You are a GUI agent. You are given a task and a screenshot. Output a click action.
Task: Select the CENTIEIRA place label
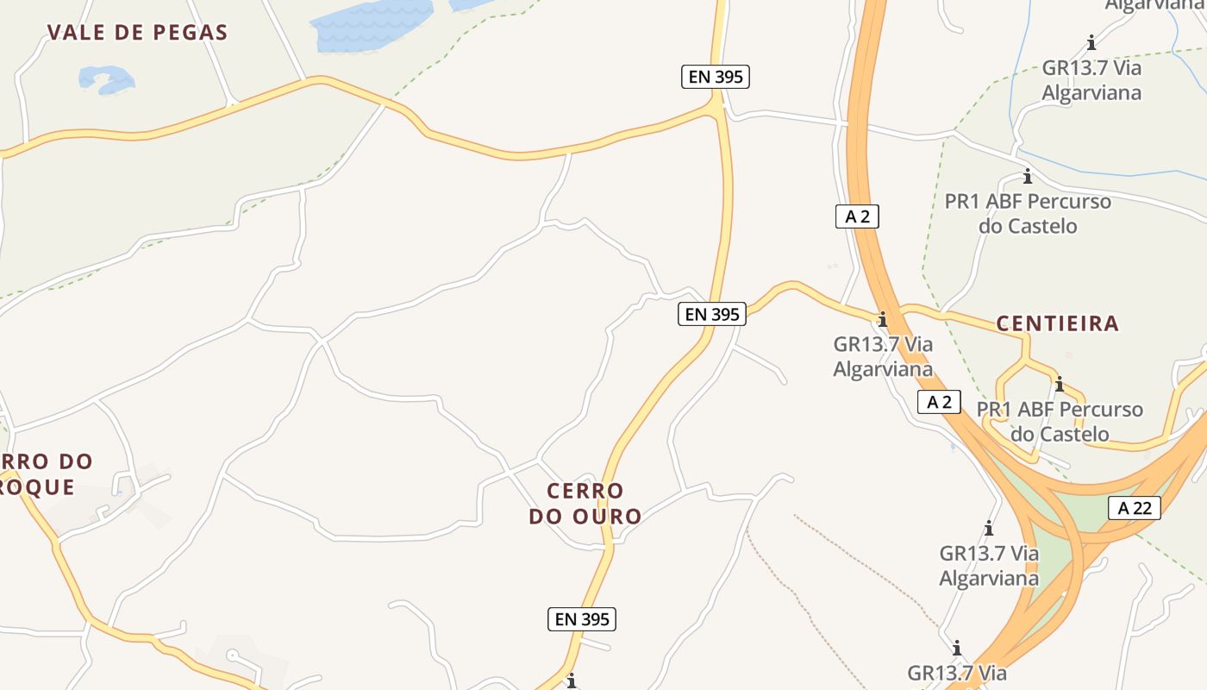[x=1057, y=324]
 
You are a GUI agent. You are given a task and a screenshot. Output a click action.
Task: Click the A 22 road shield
[x=1134, y=508]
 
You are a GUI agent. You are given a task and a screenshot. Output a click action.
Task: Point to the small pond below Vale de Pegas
[x=107, y=79]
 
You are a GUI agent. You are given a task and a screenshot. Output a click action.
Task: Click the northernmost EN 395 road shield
[x=716, y=77]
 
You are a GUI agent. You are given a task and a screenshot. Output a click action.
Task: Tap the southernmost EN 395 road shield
[x=582, y=618]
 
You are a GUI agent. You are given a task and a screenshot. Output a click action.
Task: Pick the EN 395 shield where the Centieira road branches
[x=711, y=314]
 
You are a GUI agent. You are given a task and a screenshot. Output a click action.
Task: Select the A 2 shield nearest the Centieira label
[x=939, y=402]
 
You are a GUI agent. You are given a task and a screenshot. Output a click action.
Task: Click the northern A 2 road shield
[x=857, y=216]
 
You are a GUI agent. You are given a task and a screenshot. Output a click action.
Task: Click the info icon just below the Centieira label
[x=1059, y=384]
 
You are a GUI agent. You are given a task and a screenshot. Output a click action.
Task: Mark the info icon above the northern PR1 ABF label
[x=1027, y=177]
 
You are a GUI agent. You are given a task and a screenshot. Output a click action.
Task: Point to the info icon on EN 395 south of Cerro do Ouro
[x=571, y=681]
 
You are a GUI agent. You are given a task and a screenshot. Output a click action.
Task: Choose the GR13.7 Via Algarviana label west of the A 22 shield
[x=989, y=566]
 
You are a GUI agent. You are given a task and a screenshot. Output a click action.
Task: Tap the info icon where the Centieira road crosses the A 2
[x=882, y=319]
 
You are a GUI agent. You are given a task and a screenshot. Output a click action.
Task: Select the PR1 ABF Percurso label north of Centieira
[x=1028, y=214]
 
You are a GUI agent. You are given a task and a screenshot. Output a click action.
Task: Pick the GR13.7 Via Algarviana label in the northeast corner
[x=1091, y=80]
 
